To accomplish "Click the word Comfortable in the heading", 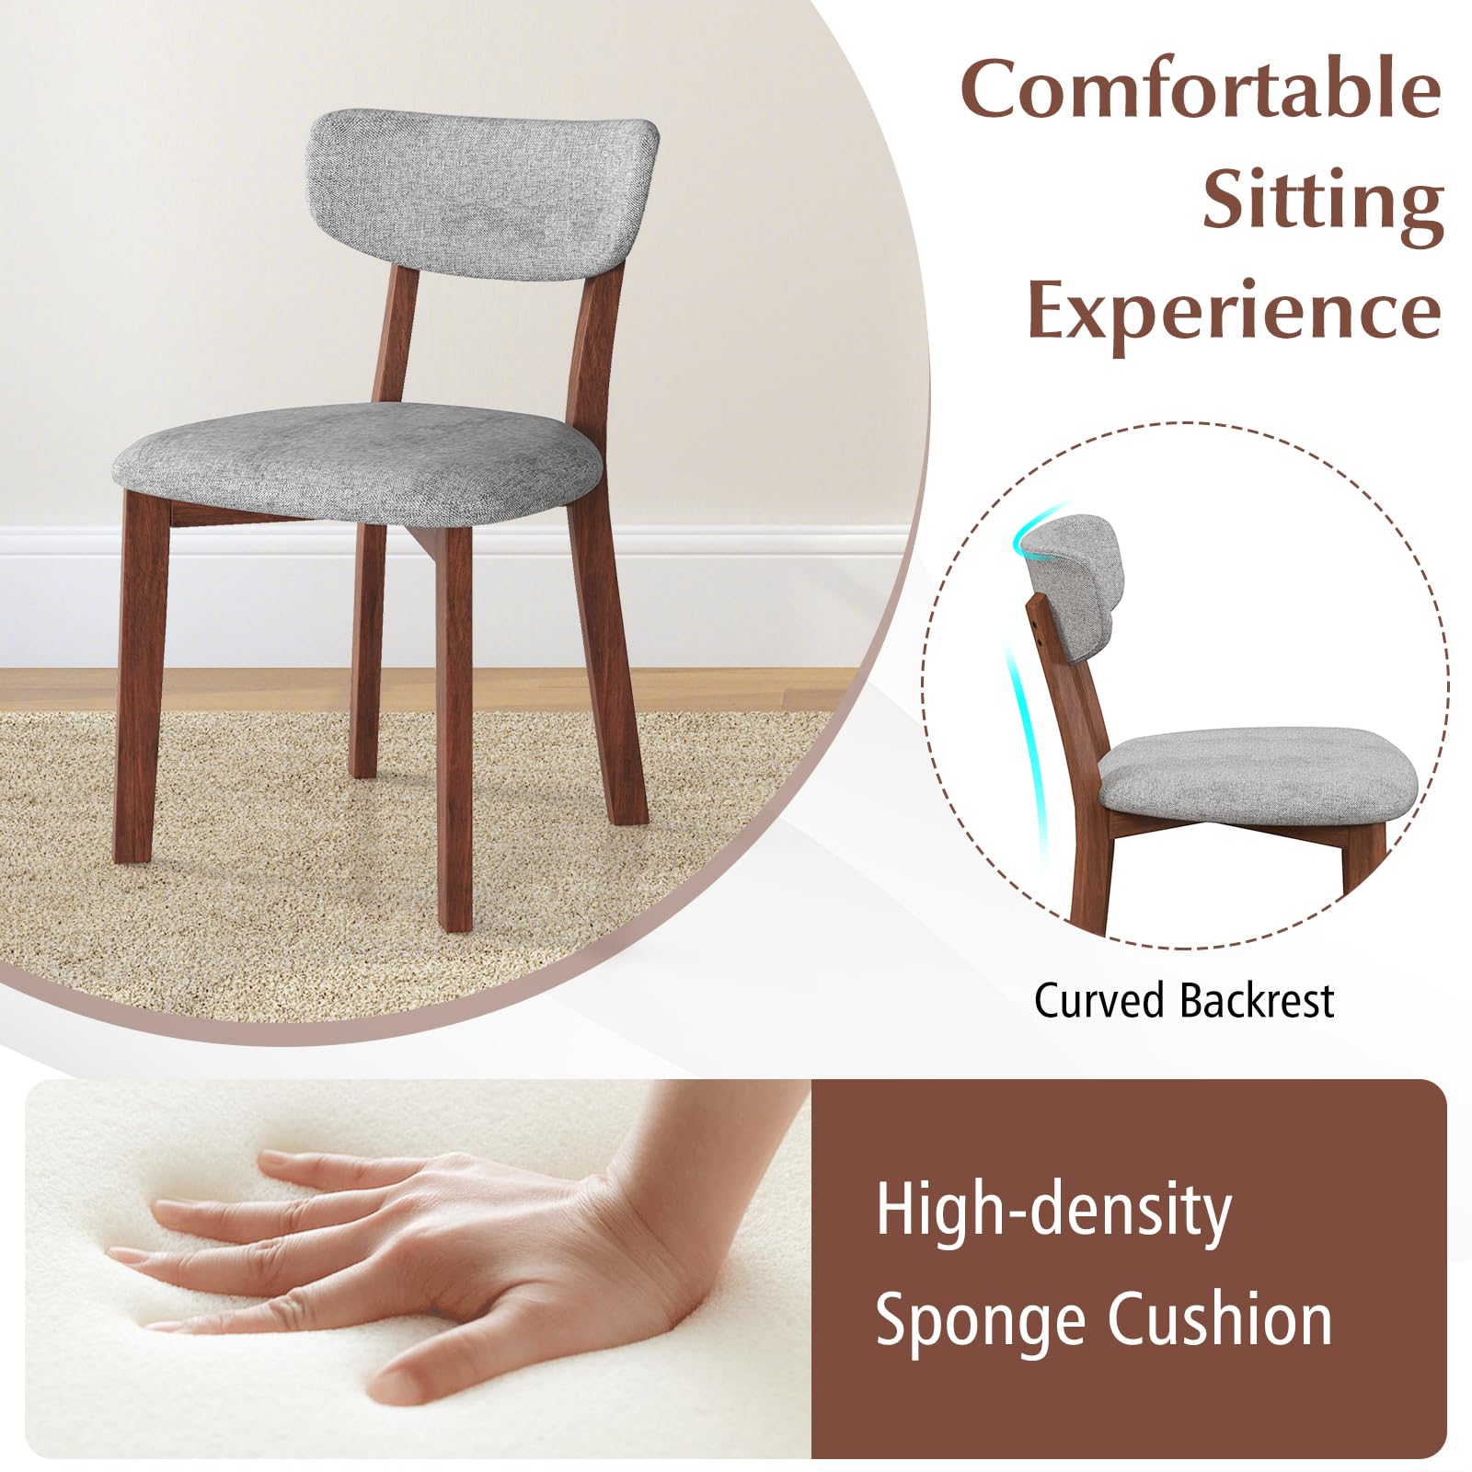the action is pyautogui.click(x=1201, y=90).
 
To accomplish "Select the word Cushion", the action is pyautogui.click(x=1220, y=1317).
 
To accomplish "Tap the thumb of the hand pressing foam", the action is pyautogui.click(x=451, y=1360).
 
